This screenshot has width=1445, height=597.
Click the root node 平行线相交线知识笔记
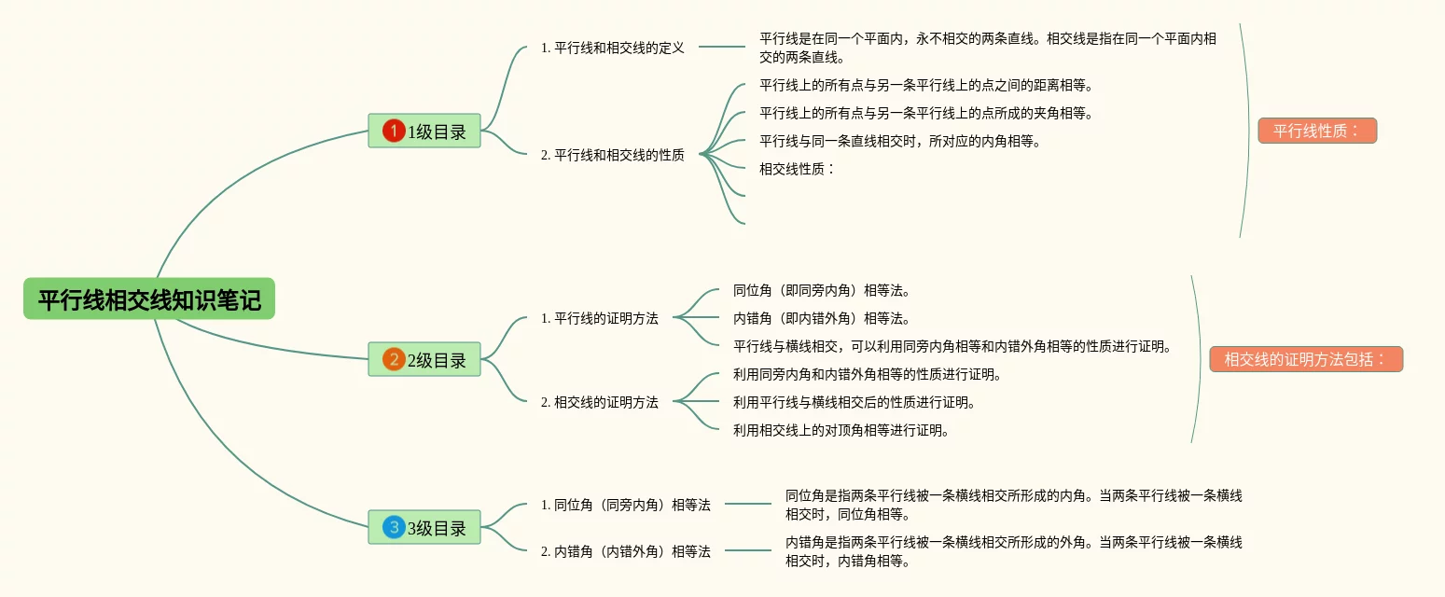click(x=149, y=298)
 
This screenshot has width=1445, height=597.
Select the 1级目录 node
click(x=424, y=131)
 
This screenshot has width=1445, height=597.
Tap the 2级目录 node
click(x=424, y=359)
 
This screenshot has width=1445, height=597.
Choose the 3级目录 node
click(x=424, y=527)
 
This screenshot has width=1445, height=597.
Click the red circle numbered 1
click(x=394, y=131)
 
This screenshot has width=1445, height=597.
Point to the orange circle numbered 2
click(x=394, y=359)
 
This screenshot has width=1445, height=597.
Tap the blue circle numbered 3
click(x=394, y=527)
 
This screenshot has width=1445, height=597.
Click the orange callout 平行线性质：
click(x=1317, y=131)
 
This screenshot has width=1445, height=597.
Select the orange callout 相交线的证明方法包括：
click(x=1306, y=359)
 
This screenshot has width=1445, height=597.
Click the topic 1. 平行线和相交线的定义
click(x=612, y=48)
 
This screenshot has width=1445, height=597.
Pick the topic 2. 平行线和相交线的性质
click(x=612, y=155)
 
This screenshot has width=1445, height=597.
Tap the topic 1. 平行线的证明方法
click(x=599, y=318)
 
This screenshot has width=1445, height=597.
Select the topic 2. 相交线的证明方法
click(x=599, y=402)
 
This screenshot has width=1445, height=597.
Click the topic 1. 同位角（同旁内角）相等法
click(x=625, y=505)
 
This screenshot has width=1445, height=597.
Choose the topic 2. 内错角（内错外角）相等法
click(x=625, y=551)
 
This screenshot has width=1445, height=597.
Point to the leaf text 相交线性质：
click(x=797, y=169)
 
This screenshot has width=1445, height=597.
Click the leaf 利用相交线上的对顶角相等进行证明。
click(x=841, y=430)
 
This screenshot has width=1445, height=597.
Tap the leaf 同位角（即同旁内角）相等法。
click(x=822, y=290)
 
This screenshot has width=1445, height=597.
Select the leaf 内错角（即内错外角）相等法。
click(x=822, y=318)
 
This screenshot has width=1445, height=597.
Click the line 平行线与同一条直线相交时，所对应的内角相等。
click(x=900, y=141)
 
